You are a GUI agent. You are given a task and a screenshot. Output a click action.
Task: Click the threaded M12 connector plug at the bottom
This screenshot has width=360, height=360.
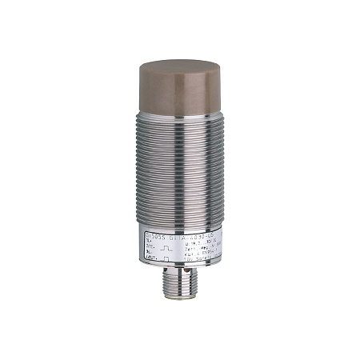(179, 285)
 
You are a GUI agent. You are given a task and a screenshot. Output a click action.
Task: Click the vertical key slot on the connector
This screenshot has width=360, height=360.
(179, 276)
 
